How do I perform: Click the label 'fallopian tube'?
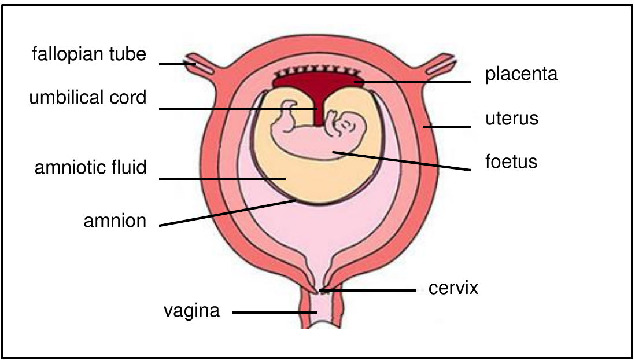point(89,54)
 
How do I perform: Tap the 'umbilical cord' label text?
point(88,98)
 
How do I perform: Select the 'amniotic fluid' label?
point(90,167)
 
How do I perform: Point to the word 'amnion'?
point(115,221)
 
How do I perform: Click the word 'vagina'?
point(191,311)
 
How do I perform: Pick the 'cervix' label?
point(453,288)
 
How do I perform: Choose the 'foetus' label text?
point(511,161)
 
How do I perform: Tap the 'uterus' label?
point(512,119)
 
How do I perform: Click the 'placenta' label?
point(521,74)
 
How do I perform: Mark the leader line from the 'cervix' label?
point(368,291)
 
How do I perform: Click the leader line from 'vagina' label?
point(275,312)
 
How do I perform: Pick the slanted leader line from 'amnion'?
point(228,213)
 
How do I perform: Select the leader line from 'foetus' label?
point(401,161)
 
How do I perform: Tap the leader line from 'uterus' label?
point(447,127)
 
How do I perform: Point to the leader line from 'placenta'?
point(412,82)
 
